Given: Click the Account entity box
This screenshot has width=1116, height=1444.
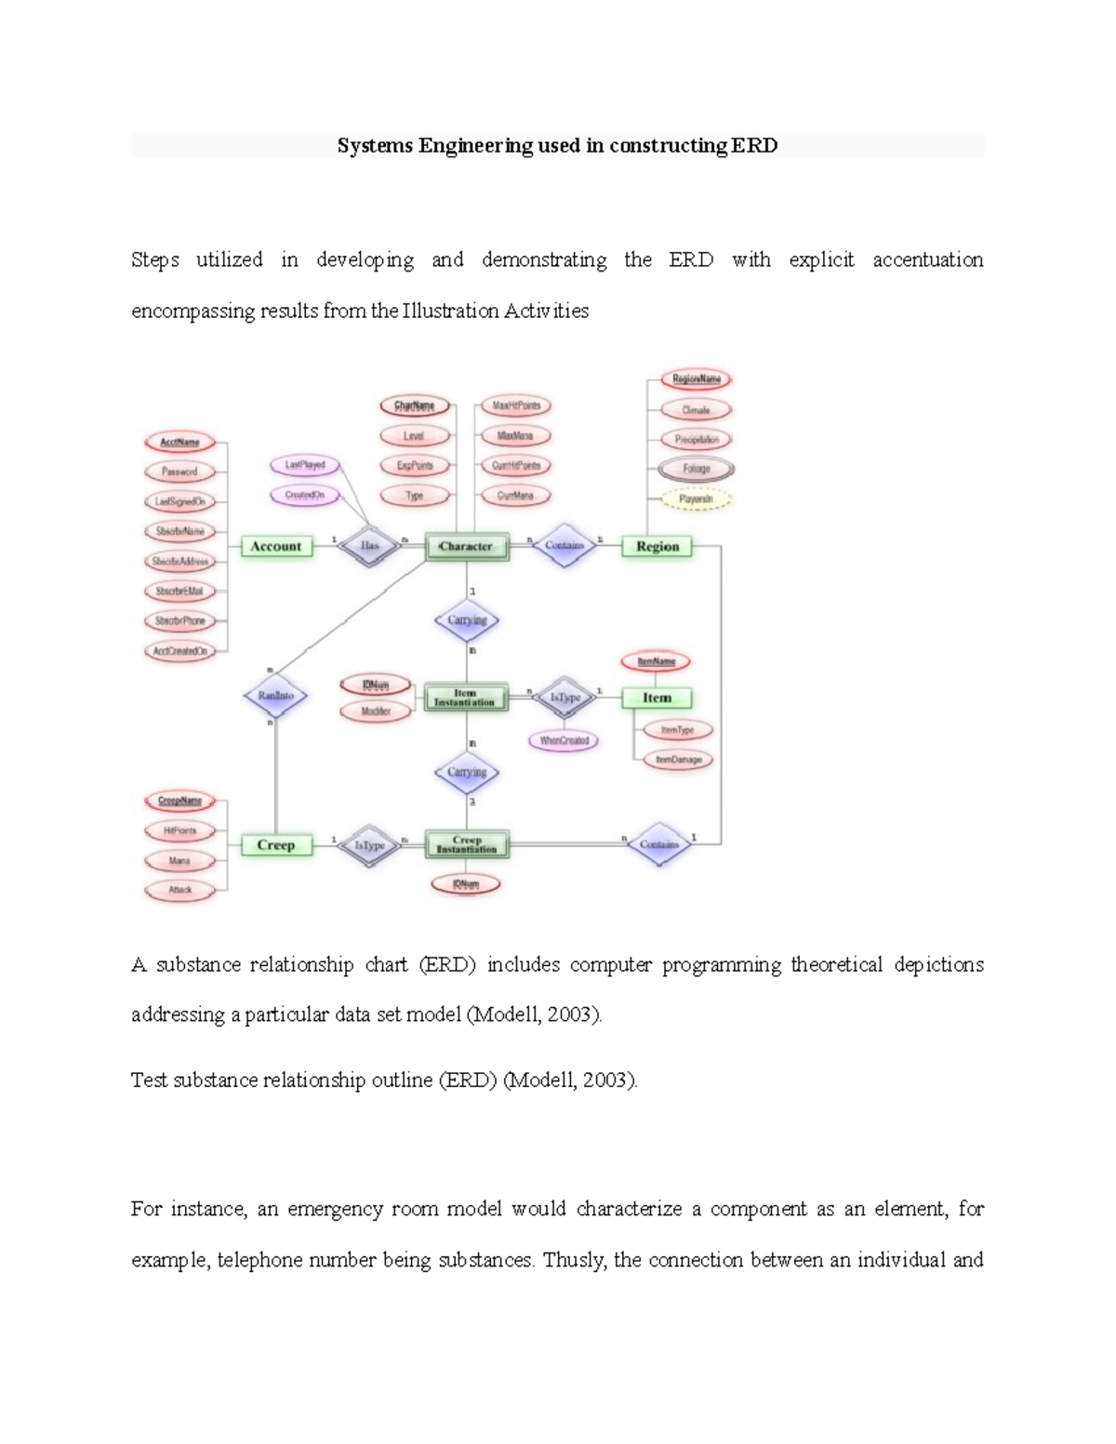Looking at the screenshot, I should click(x=276, y=547).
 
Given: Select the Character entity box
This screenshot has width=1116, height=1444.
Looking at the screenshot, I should click(x=466, y=547).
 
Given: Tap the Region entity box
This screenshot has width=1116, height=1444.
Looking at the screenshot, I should click(x=658, y=547).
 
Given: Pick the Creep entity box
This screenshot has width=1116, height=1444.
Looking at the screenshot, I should click(x=275, y=845).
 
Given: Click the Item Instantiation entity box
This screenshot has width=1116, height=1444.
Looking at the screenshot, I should click(x=466, y=697).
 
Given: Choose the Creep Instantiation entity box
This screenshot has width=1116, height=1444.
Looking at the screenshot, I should click(x=467, y=844).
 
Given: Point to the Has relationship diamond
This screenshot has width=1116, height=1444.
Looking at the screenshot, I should click(x=370, y=546).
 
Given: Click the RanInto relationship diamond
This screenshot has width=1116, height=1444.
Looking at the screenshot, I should click(x=275, y=696).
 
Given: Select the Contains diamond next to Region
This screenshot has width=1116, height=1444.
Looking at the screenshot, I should click(x=565, y=546).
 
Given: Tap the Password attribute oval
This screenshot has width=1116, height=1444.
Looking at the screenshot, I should click(x=179, y=471).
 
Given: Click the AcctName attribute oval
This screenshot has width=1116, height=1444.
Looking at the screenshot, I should click(x=179, y=443).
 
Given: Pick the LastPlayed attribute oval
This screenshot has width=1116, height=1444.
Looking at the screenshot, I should click(x=305, y=465).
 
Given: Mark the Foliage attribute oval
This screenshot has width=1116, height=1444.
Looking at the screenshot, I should click(x=697, y=469).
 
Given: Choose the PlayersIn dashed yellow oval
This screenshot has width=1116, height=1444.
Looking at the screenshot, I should click(x=697, y=499).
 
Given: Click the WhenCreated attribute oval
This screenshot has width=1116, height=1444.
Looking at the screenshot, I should click(x=565, y=741).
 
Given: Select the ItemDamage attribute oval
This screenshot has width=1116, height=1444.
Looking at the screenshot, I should click(x=679, y=760).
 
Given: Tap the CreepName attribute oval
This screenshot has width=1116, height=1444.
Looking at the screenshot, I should click(x=179, y=801).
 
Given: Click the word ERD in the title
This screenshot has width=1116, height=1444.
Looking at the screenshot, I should click(x=754, y=146).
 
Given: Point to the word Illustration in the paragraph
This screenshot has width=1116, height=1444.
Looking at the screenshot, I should click(x=450, y=311).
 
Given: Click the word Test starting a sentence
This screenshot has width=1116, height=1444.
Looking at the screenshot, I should click(x=149, y=1080).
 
